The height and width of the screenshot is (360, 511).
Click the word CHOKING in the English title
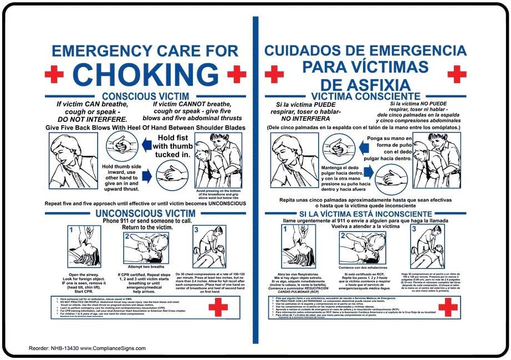(146, 74)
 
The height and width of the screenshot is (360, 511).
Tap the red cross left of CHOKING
(54, 74)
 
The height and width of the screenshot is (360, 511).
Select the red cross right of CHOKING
(237, 74)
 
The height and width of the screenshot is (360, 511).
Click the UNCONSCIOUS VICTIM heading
(145, 213)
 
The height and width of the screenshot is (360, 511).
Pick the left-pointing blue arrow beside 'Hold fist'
(145, 145)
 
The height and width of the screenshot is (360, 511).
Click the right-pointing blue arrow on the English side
(146, 176)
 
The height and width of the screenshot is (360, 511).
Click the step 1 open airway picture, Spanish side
(299, 246)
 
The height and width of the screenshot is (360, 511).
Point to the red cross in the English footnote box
(218, 307)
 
